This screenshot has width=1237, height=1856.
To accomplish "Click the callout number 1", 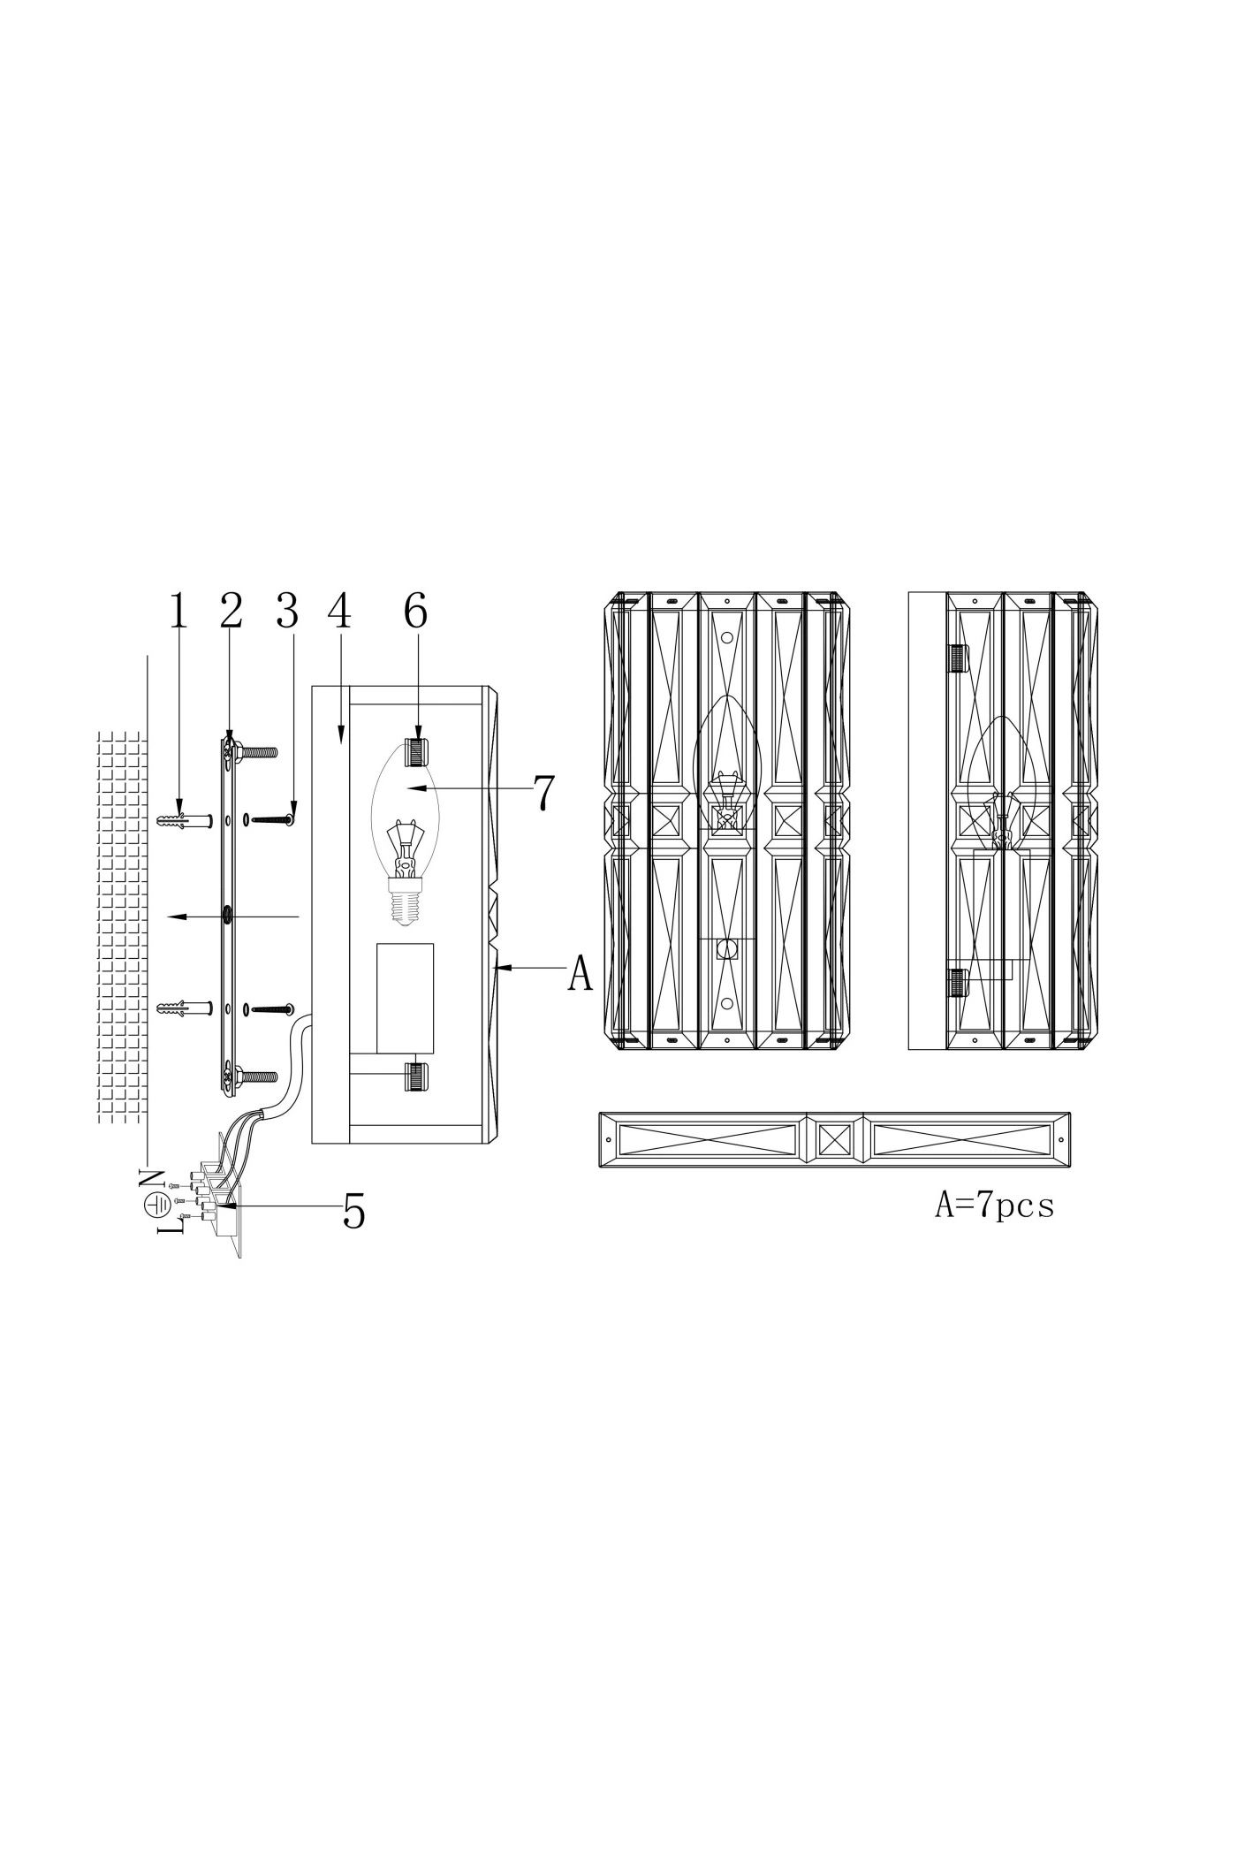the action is (178, 612).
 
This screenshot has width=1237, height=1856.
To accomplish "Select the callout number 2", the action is (231, 612).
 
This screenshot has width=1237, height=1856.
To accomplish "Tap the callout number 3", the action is (287, 612).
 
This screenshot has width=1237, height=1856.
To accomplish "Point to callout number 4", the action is (339, 612).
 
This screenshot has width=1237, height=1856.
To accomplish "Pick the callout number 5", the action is (353, 1211).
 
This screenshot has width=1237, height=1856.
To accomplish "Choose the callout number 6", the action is (416, 612).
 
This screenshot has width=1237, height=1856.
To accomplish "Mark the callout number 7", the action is (544, 793).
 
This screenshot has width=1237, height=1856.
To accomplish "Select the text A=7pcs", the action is (995, 1206).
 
